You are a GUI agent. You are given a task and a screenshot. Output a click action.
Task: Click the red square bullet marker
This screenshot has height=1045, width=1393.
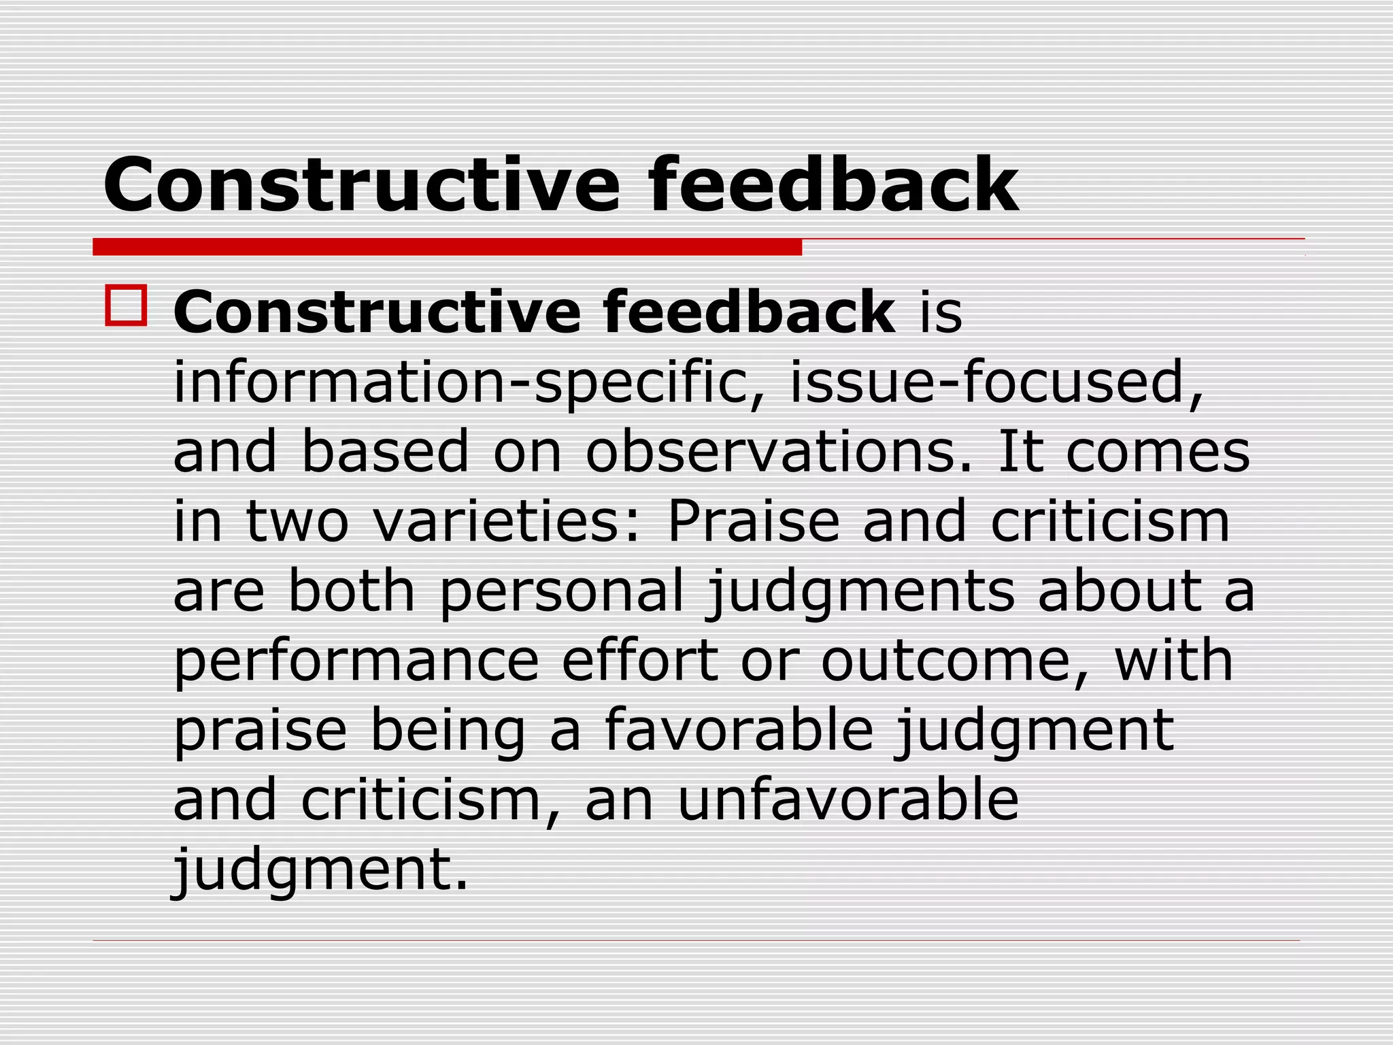point(127,306)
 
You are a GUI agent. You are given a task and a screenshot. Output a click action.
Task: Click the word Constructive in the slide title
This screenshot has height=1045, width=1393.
point(361,185)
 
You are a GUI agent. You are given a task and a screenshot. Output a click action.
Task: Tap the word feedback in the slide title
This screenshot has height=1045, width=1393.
point(833,185)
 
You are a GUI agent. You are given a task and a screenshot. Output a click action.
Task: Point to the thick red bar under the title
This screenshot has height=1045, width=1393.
point(447,247)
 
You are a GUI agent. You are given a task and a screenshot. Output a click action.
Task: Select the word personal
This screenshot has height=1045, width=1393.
point(562,592)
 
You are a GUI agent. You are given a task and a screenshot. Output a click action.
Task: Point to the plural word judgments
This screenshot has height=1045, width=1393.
point(860,592)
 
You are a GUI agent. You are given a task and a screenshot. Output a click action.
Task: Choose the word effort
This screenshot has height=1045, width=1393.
point(640,661)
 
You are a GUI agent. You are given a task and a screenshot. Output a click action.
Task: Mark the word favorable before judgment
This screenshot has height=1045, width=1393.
point(739,731)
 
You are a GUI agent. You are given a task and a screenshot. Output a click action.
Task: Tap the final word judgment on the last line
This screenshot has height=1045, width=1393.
point(320,871)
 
